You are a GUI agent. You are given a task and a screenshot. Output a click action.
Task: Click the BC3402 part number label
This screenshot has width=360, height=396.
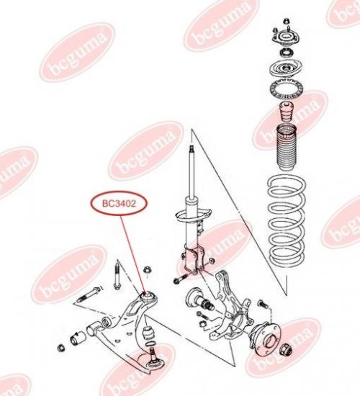pos(119,203)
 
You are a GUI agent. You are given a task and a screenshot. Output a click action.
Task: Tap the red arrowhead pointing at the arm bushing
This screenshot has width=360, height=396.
pos(145,293)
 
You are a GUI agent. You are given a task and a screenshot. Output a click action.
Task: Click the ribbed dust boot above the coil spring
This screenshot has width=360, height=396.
pos(287,148)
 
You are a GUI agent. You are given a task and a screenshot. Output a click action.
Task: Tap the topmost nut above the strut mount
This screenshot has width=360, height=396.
pos(287,21)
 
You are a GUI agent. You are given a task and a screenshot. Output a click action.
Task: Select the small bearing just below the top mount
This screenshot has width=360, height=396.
pos(287,53)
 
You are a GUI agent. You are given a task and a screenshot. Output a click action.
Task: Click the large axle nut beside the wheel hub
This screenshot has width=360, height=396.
pos(287,349)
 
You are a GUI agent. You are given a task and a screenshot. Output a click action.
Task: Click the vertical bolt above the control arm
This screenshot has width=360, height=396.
pos(117,276)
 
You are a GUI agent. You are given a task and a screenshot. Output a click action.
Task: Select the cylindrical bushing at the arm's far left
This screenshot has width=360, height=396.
pos(78,337)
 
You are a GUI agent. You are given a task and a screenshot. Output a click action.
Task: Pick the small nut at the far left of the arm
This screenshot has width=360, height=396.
pos(60,348)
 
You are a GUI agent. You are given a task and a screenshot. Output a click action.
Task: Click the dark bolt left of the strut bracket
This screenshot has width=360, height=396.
pos(181,279)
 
